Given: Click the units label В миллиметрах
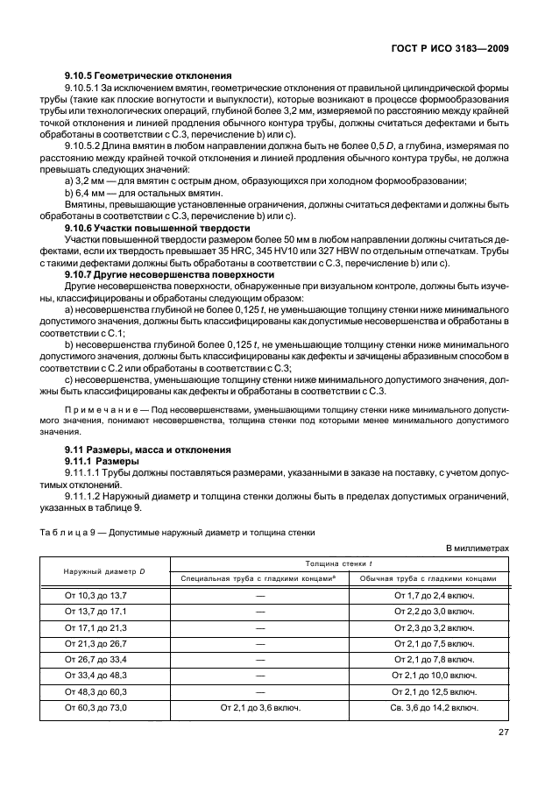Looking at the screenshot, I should click(478, 549).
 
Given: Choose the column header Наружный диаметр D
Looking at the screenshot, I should click(104, 571).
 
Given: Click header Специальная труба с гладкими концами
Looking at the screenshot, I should click(260, 579).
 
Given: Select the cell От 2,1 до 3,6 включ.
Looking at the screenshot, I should click(260, 707).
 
